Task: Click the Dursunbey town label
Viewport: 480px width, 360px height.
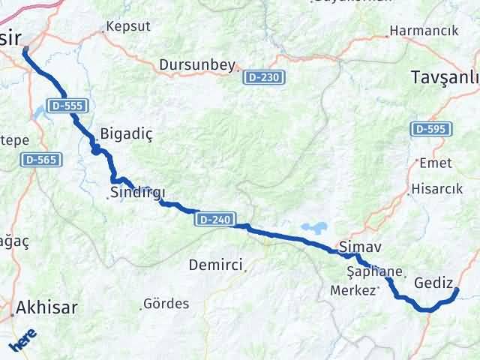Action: [x=197, y=65]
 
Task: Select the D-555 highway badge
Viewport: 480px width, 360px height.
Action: [x=67, y=106]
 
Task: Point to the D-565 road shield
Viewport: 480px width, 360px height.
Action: [x=42, y=160]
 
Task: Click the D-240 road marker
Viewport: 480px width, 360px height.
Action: [x=214, y=219]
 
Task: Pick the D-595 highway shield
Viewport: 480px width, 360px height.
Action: [x=431, y=130]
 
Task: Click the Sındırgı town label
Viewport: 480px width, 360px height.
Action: [x=137, y=193]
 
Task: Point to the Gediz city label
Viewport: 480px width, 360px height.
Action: [x=433, y=283]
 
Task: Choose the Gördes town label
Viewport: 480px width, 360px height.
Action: [x=167, y=304]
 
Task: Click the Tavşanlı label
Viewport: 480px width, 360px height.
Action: [x=445, y=77]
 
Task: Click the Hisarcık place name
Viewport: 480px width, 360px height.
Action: [x=436, y=189]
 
